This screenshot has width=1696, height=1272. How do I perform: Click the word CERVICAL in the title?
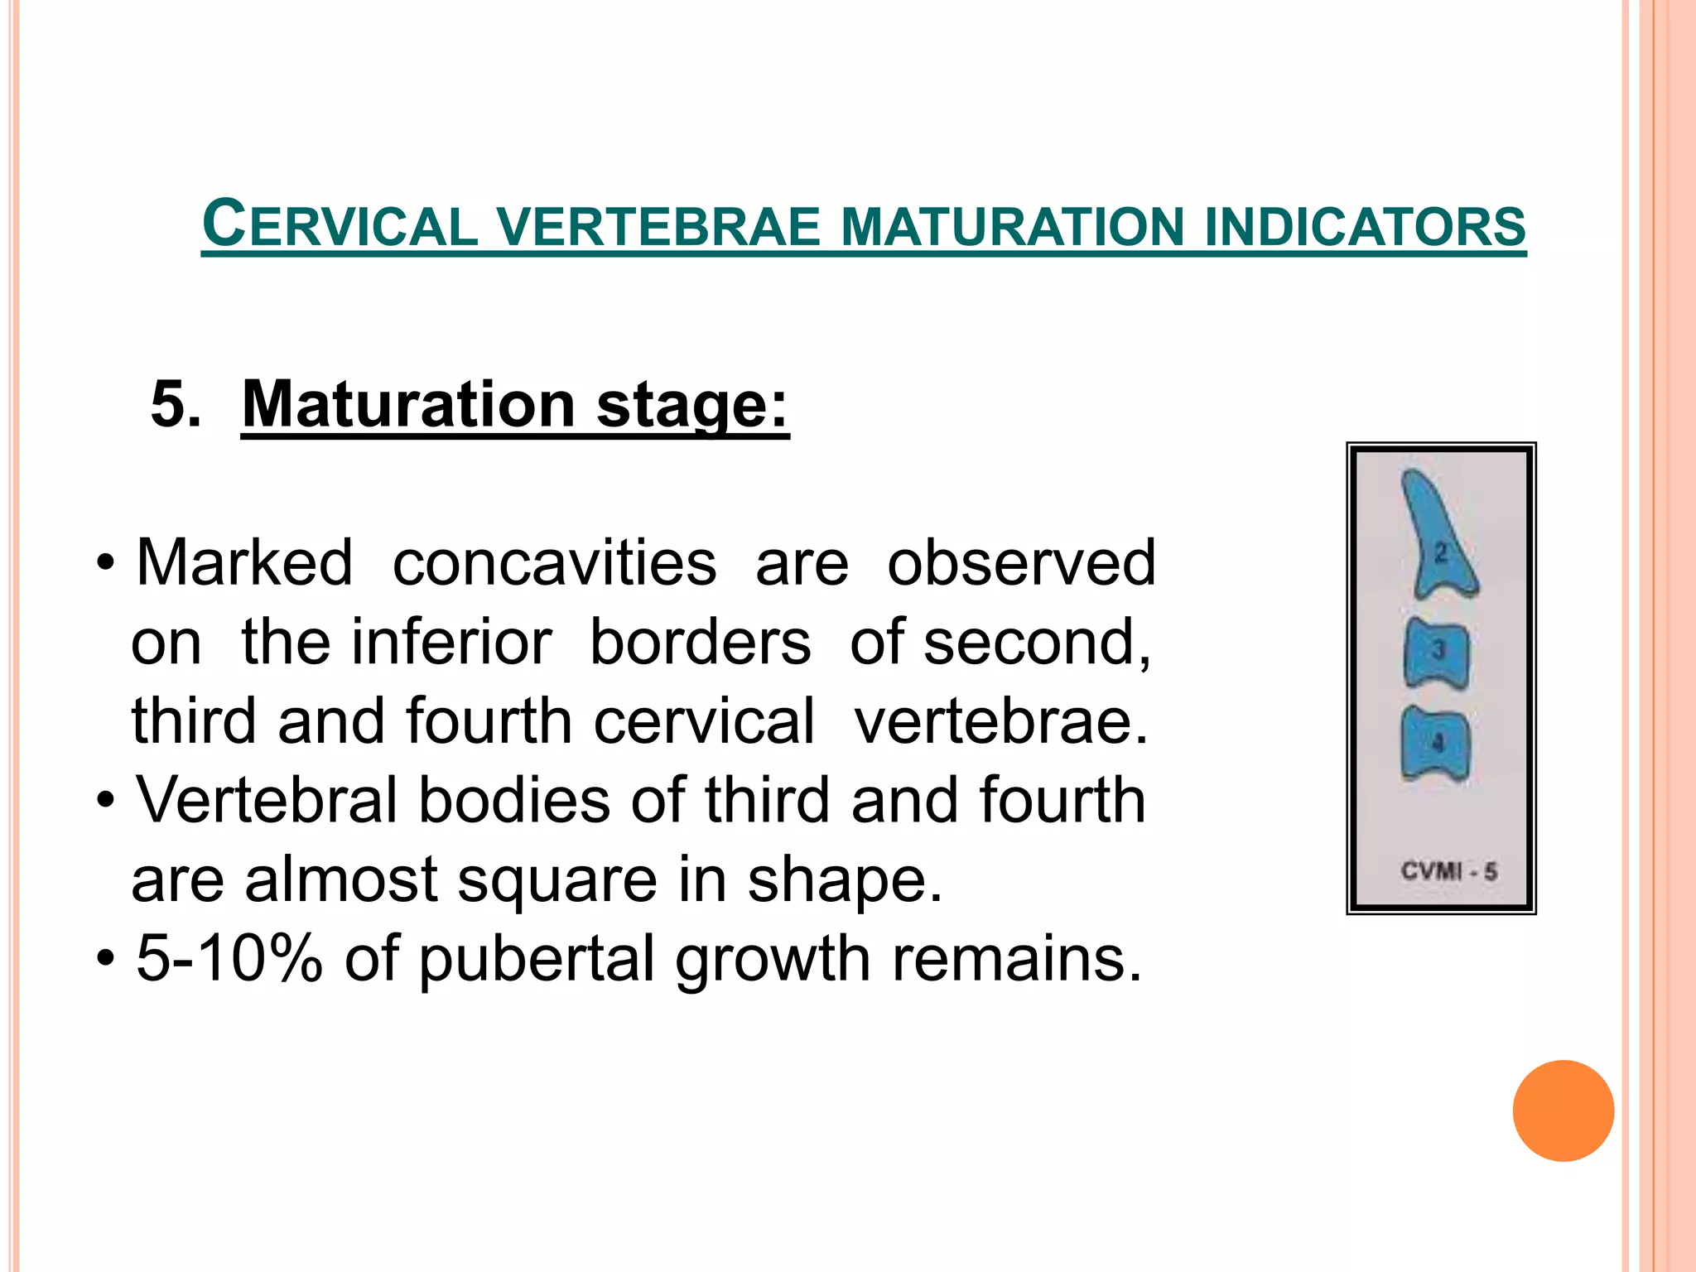(340, 225)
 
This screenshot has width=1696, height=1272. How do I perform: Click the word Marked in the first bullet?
(244, 563)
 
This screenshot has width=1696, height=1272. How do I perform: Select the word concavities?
(554, 563)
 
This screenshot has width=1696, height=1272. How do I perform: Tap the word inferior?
(451, 643)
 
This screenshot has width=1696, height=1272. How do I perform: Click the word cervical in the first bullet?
(704, 721)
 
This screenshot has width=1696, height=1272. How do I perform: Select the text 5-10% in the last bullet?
(229, 959)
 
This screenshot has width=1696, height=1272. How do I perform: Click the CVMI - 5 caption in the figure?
(1448, 871)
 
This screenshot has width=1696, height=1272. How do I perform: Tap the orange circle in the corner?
(1563, 1111)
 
